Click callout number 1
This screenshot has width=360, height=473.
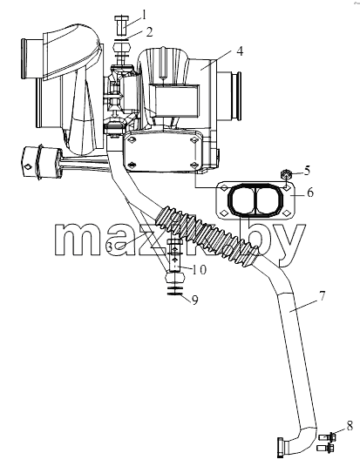pos(145,15)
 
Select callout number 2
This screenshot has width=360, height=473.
pos(149,32)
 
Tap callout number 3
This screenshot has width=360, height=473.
pos(110,247)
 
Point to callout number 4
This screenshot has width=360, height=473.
pos(240,51)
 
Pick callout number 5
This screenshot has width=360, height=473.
pos(307,171)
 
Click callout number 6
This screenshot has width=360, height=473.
pos(310,193)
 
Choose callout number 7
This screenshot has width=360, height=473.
pos(322,296)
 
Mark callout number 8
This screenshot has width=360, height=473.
pos(350,427)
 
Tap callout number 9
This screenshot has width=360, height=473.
pos(195,301)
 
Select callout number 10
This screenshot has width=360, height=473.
pos(199,270)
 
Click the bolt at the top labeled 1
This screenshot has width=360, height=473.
pos(122,26)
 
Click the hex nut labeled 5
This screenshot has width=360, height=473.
pos(286,174)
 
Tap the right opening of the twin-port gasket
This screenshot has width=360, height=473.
pos(269,200)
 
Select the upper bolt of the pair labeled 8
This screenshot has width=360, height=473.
pos(328,436)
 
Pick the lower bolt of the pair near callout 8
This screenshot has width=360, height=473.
pos(325,448)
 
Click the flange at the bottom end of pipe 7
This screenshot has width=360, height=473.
pos(280,448)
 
